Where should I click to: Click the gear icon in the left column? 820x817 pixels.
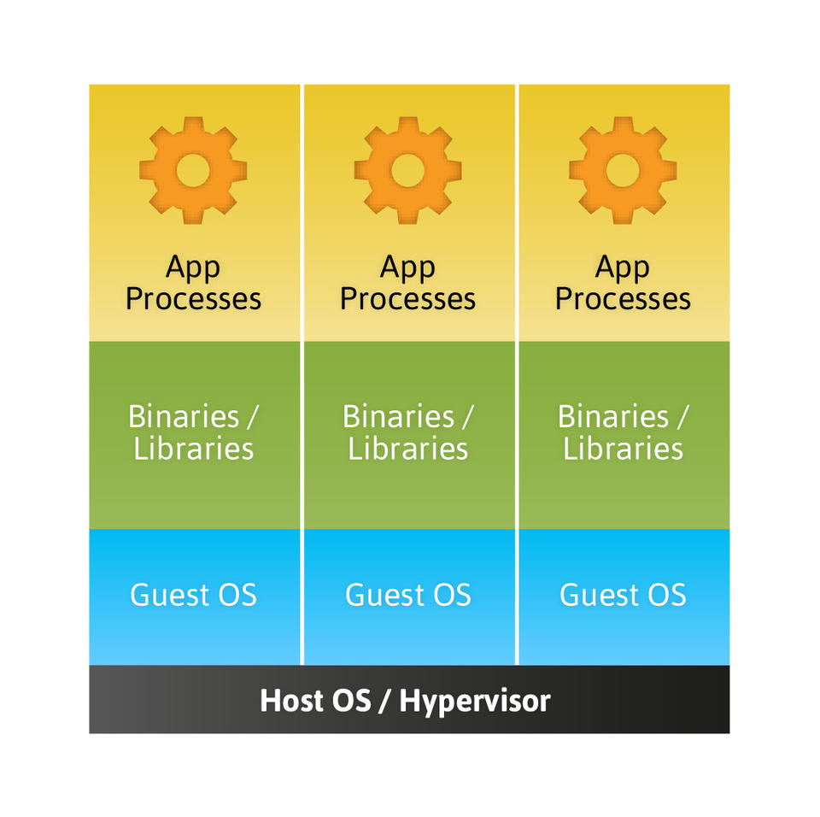click(x=193, y=169)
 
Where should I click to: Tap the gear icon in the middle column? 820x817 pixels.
click(x=408, y=169)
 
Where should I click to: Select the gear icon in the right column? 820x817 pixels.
click(x=623, y=169)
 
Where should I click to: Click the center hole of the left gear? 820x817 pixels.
click(x=193, y=169)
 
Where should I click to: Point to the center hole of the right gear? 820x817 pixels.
click(x=623, y=169)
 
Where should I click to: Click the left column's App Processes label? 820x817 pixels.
click(x=193, y=283)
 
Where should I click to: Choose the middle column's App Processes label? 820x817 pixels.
click(x=408, y=283)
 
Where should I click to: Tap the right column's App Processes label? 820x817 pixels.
click(x=623, y=283)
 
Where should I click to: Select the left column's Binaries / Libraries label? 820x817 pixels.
click(x=193, y=432)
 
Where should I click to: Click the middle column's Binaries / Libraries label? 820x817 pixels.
click(x=408, y=432)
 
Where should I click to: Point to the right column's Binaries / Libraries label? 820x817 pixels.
click(x=623, y=432)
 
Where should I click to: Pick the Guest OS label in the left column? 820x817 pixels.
click(x=193, y=595)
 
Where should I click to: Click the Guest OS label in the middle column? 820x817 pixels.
click(x=408, y=595)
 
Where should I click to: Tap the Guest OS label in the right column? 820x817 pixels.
click(x=623, y=595)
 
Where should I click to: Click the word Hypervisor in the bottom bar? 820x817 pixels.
click(x=475, y=702)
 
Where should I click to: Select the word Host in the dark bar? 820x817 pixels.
click(x=292, y=701)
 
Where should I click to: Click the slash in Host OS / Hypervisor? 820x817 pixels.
click(x=385, y=702)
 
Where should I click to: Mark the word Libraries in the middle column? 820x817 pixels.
click(x=408, y=449)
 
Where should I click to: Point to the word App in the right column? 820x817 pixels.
click(x=623, y=267)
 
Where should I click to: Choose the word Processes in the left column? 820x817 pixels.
click(x=193, y=299)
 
